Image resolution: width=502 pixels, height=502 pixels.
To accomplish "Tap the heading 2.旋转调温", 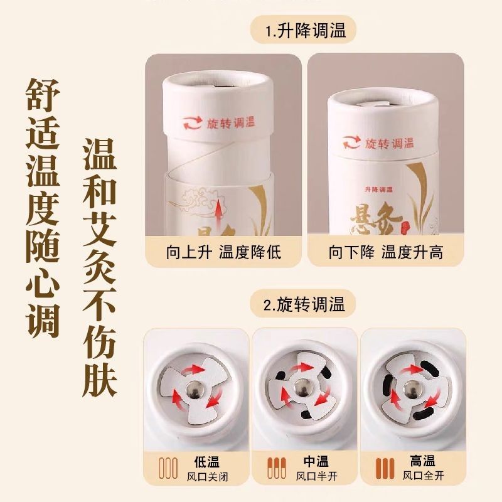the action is [x=304, y=304].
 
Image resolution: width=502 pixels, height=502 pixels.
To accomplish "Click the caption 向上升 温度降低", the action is [x=223, y=252].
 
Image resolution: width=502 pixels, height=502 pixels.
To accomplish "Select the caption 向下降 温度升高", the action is [x=386, y=252].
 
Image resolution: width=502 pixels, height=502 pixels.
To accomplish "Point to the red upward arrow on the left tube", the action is [x=218, y=214].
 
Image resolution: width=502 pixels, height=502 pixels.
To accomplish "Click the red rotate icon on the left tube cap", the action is [x=193, y=124].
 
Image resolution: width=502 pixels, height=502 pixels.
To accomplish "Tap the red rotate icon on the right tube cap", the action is [x=351, y=143].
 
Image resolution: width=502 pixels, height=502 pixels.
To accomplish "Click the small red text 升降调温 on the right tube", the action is [x=379, y=190].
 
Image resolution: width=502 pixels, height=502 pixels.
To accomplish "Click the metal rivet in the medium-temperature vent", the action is [x=302, y=388].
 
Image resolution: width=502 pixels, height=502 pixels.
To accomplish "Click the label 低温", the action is [x=207, y=462].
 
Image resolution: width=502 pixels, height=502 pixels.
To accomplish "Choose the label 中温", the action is [x=316, y=461].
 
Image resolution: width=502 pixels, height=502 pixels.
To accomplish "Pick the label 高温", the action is [x=422, y=461].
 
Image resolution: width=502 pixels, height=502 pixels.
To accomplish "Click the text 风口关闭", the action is [x=208, y=477].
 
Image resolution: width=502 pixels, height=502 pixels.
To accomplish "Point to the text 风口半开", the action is [x=317, y=476].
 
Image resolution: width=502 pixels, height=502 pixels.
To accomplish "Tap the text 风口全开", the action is [x=423, y=476].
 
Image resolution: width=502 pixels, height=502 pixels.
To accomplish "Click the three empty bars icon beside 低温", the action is [x=168, y=468].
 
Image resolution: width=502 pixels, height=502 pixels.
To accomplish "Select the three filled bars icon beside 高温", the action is [x=385, y=468].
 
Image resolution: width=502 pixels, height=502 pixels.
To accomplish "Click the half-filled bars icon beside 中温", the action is [x=277, y=468].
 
